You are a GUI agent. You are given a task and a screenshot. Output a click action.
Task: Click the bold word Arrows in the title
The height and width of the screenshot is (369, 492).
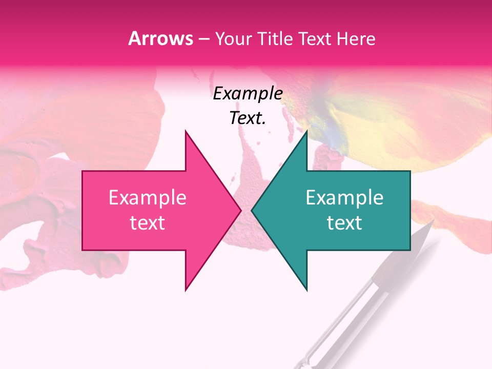tap(161, 38)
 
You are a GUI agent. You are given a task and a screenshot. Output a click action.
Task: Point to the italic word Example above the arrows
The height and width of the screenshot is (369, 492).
tap(248, 94)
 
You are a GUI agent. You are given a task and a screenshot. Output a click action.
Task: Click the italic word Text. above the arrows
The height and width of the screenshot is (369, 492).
tap(248, 118)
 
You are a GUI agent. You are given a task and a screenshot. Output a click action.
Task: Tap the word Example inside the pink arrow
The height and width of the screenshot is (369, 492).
tap(148, 198)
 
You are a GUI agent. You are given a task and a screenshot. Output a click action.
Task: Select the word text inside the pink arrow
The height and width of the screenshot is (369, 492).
tap(148, 223)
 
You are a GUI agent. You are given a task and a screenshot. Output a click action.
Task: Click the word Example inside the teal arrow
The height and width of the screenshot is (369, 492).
tap(344, 198)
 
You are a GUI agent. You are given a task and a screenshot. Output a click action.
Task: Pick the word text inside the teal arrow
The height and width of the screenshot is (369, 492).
tap(344, 223)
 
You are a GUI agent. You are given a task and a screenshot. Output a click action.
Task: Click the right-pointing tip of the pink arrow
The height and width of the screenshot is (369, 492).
tap(241, 210)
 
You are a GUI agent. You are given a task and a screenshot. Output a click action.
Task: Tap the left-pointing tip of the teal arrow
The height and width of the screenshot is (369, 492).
tap(252, 210)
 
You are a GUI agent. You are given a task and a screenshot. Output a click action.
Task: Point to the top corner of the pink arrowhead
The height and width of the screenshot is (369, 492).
tap(186, 131)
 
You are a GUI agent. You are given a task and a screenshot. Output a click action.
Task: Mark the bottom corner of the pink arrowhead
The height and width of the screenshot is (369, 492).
tap(186, 290)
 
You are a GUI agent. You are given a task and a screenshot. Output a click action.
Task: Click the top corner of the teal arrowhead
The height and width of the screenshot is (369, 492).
tap(306, 131)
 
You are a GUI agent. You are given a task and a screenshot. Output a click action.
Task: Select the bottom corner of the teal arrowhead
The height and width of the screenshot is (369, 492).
tap(306, 290)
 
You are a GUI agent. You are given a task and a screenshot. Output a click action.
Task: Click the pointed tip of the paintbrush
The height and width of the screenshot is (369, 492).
tap(433, 221)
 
